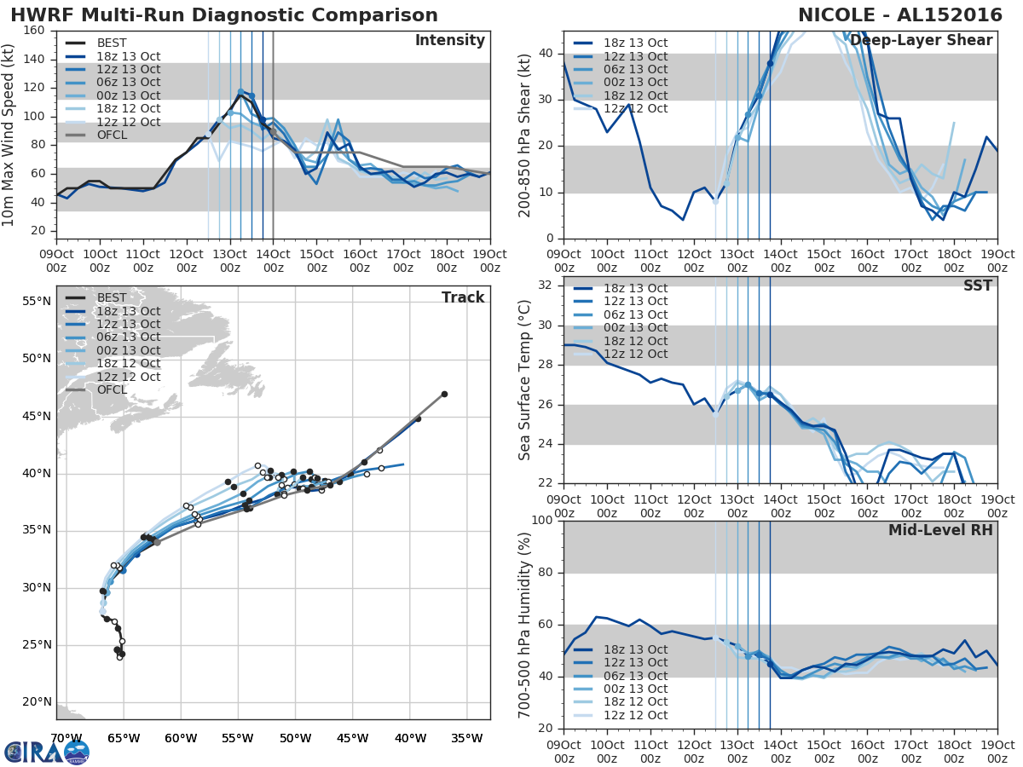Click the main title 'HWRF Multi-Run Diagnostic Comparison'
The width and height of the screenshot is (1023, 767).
coord(224,15)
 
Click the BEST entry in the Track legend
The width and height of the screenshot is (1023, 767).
coord(112,297)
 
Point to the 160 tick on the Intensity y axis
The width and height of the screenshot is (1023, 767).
coord(35,31)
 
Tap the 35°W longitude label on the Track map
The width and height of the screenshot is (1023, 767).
coord(467,738)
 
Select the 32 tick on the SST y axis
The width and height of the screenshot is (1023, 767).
coord(547,285)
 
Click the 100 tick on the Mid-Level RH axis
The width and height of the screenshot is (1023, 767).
coord(542,520)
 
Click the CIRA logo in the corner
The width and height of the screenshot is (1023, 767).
coord(47,752)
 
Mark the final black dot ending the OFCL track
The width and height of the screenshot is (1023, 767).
coord(444,394)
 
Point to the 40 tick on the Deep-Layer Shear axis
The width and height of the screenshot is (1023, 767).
coord(547,54)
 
